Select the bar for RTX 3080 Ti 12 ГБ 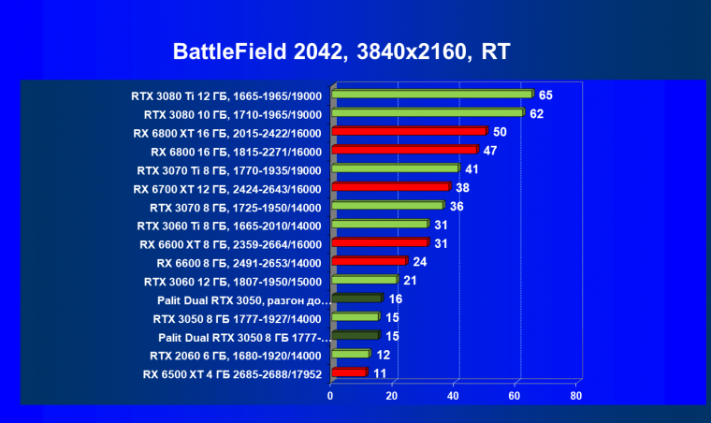(431, 95)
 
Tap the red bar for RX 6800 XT (409, 132)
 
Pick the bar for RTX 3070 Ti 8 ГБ (395, 168)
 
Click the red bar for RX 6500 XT (348, 372)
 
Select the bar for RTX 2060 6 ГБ (350, 354)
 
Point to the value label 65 (545, 95)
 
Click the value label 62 (536, 113)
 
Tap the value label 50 (500, 132)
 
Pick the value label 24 (419, 261)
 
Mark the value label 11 (379, 372)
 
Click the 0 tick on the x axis (330, 396)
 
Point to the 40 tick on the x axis (454, 396)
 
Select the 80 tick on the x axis (576, 396)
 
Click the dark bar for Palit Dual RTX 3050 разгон (356, 299)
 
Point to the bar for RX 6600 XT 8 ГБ (379, 242)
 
